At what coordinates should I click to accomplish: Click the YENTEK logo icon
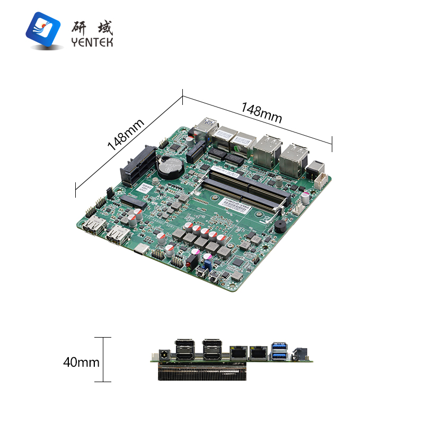(43, 30)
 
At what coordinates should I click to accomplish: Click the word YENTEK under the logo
(92, 42)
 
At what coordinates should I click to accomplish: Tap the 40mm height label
(81, 363)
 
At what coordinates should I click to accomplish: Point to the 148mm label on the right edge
(262, 112)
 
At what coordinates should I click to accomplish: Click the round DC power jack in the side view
(163, 353)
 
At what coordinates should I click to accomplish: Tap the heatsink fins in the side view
(201, 373)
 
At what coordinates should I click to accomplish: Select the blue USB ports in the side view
(280, 350)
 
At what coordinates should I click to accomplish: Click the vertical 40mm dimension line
(102, 359)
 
